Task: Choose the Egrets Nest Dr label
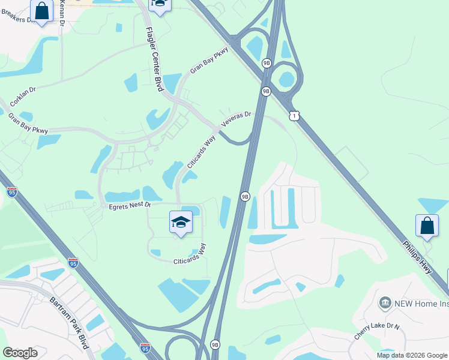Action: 130,206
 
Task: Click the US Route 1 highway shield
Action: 294,115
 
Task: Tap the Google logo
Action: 20,353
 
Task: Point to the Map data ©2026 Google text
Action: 412,355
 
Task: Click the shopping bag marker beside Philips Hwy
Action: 427,226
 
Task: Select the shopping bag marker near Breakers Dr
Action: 41,11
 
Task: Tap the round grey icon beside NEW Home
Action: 385,303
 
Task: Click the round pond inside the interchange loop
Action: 286,79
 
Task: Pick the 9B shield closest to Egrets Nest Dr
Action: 245,196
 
